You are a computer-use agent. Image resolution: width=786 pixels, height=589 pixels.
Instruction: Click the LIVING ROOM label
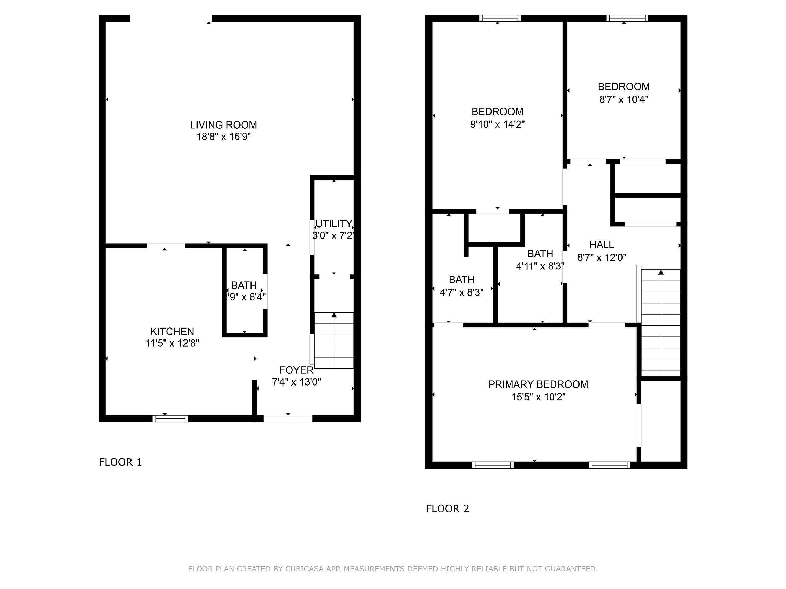224,125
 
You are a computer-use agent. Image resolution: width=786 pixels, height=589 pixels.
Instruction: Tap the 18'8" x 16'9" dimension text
224,137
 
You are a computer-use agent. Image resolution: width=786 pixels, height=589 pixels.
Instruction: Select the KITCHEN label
172,332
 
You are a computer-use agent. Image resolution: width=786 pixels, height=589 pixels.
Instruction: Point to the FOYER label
296,370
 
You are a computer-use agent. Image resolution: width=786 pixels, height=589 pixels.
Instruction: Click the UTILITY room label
334,224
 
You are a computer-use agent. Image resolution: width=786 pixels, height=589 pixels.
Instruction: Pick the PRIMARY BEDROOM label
538,384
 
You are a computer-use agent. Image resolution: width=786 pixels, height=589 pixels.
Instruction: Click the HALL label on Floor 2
602,245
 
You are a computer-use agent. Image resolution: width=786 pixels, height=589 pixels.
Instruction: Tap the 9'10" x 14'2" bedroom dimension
497,124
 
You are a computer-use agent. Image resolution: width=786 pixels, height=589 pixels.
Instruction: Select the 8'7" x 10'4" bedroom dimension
624,99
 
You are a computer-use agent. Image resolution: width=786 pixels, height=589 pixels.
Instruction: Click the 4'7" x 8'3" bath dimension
462,292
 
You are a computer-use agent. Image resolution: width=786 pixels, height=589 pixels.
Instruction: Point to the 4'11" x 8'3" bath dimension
540,266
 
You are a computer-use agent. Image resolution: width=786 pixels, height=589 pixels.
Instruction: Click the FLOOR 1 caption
121,462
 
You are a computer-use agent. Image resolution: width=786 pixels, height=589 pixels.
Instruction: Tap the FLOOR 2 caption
448,509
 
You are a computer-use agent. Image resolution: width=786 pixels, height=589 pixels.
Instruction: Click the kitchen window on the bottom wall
171,418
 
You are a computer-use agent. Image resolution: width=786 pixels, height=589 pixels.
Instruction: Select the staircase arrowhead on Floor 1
334,315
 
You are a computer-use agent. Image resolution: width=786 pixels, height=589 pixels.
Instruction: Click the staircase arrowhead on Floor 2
661,272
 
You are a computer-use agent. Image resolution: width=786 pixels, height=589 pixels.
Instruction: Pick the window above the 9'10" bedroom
500,18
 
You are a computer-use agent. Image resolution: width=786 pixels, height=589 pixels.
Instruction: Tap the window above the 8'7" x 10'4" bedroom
627,18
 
